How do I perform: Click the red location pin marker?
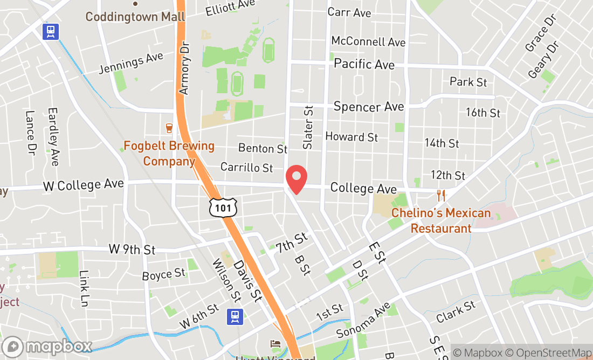[295, 179]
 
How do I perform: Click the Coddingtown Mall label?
[135, 16]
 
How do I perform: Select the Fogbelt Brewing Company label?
[169, 153]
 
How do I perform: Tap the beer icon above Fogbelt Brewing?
[169, 128]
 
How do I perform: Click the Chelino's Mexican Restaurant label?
[441, 220]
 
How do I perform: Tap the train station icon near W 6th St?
[235, 316]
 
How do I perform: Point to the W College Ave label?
[83, 185]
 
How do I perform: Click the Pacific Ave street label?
[364, 64]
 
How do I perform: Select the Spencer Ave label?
[369, 106]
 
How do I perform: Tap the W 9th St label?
[132, 250]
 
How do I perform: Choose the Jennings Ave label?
[131, 63]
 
